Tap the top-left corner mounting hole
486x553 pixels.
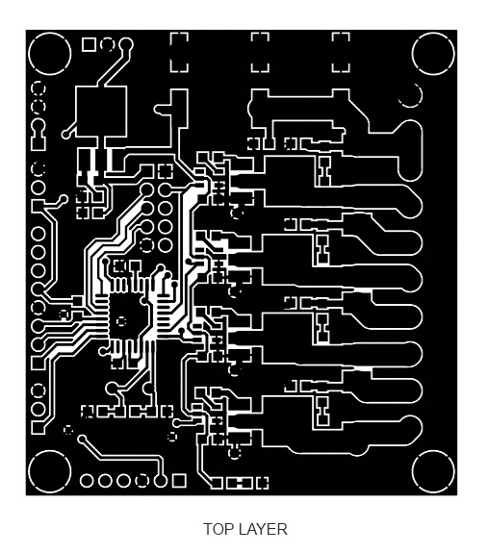coord(49,54)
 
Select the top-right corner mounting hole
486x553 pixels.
coord(433,54)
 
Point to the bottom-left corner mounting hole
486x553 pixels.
coord(49,471)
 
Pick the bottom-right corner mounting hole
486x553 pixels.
coord(433,471)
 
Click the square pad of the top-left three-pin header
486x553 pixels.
coord(89,45)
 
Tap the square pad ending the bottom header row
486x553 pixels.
coord(179,480)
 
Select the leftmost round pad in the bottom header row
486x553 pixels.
coord(87,481)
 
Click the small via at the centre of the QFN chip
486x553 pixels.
coord(121,321)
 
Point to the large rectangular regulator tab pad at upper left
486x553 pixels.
coord(101,112)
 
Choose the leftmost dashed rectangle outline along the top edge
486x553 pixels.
coord(179,52)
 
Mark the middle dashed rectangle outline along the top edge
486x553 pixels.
coord(260,52)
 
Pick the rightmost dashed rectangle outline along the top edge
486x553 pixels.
coord(341,52)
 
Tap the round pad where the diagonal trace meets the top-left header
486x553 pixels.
coord(126,45)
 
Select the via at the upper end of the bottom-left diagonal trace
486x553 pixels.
coord(82,439)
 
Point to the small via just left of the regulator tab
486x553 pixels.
coord(65,134)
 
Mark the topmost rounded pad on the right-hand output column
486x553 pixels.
coord(410,151)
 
